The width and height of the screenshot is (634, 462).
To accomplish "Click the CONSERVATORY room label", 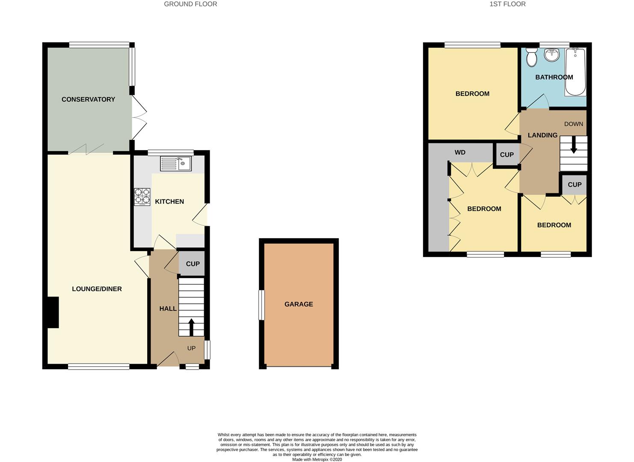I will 88,99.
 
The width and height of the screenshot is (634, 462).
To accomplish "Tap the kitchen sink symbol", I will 176,164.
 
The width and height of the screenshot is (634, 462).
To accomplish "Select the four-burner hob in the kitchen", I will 142,197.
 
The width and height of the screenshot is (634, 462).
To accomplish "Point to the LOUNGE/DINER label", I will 97,289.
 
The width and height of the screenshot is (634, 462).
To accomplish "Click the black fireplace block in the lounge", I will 53,312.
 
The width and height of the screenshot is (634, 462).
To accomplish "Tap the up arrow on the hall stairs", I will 191,327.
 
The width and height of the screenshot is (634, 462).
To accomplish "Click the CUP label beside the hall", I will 193,264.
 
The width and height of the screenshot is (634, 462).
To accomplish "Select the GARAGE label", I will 299,304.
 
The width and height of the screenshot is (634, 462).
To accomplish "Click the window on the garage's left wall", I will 261,305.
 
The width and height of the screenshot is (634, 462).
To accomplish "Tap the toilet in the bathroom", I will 532,58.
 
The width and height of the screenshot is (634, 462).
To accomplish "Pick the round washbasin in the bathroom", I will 552,55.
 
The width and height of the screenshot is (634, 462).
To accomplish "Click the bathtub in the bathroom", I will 575,71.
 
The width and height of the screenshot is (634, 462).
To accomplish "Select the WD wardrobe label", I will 460,152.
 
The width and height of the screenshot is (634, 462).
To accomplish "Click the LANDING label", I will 542,135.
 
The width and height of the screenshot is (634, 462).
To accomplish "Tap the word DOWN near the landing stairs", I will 573,124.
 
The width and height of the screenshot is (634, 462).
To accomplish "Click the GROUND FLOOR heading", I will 190,4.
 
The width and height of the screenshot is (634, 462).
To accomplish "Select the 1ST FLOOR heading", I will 507,4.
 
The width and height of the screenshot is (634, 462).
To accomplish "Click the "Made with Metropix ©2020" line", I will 317,459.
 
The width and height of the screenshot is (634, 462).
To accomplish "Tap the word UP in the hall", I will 191,348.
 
